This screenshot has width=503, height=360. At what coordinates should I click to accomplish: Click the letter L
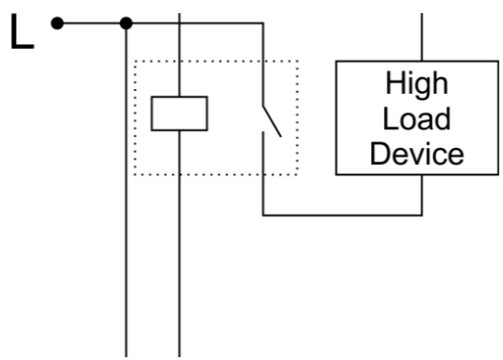(22, 31)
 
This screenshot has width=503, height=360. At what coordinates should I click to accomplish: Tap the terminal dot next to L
(57, 23)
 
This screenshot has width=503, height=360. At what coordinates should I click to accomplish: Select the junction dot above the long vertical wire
(126, 23)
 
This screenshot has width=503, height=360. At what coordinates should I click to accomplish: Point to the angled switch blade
(272, 121)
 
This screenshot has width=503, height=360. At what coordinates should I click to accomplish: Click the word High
(417, 83)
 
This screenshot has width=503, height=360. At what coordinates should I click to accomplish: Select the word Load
(417, 118)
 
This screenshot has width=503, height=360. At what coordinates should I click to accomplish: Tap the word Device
(417, 154)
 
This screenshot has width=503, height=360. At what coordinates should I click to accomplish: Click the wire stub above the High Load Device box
(422, 37)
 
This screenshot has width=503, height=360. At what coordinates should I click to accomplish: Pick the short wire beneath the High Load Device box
(422, 195)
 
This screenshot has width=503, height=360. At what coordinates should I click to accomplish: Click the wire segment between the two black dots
(92, 23)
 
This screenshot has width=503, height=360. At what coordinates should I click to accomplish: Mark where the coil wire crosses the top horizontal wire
(179, 23)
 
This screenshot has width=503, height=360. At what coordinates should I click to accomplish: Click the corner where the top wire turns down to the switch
(263, 23)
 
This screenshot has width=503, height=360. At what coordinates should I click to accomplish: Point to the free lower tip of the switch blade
(281, 137)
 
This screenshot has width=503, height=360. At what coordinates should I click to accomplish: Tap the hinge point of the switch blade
(263, 106)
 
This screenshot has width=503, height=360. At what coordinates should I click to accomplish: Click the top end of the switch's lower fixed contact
(263, 131)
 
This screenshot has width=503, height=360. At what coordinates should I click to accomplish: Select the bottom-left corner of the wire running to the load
(263, 215)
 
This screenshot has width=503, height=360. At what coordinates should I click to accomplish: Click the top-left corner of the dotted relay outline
(135, 61)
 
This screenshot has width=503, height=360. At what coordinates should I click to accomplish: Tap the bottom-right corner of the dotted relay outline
(297, 174)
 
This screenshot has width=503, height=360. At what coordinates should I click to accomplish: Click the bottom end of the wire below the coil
(179, 356)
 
